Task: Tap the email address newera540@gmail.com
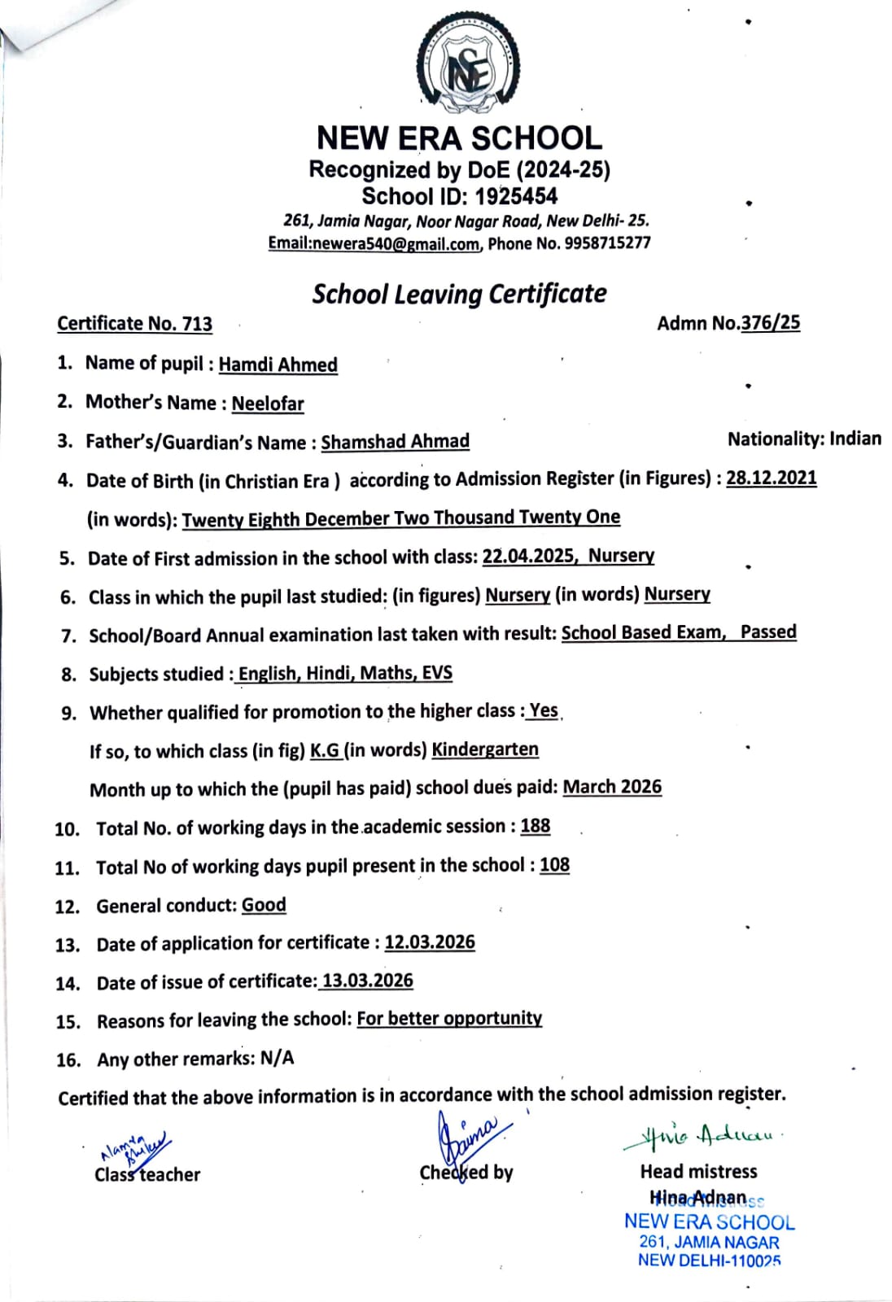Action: [x=397, y=243]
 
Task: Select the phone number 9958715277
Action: [x=606, y=242]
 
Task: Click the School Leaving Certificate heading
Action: [x=459, y=294]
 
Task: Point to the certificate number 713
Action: [x=197, y=323]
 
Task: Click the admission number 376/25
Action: [x=770, y=322]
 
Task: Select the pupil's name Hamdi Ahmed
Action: [x=278, y=365]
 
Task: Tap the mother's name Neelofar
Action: [x=268, y=404]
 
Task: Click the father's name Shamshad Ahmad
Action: [x=395, y=441]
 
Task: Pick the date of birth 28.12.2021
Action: [x=771, y=478]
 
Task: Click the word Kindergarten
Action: [x=484, y=749]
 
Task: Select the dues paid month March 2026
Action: [x=612, y=787]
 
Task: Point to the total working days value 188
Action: [x=536, y=826]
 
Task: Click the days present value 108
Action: [x=554, y=865]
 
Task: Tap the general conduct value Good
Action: [x=264, y=905]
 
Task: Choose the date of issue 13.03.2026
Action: [x=368, y=981]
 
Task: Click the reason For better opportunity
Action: [x=449, y=1019]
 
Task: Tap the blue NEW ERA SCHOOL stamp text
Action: [x=709, y=1222]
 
